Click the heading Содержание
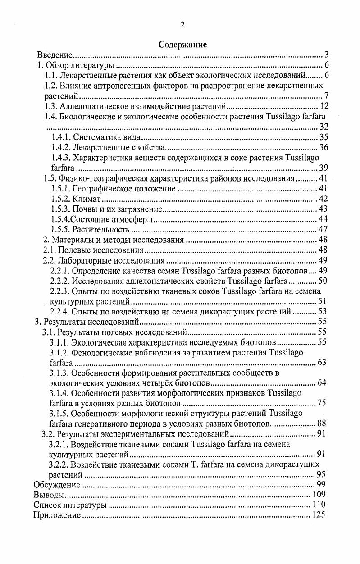(x=182, y=45)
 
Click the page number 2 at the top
(x=182, y=25)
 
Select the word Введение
(x=55, y=55)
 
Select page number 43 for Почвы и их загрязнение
(x=323, y=209)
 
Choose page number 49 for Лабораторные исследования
(x=323, y=260)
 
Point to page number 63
(x=322, y=363)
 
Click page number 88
(x=322, y=423)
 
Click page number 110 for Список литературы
(x=318, y=505)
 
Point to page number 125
(x=318, y=515)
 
